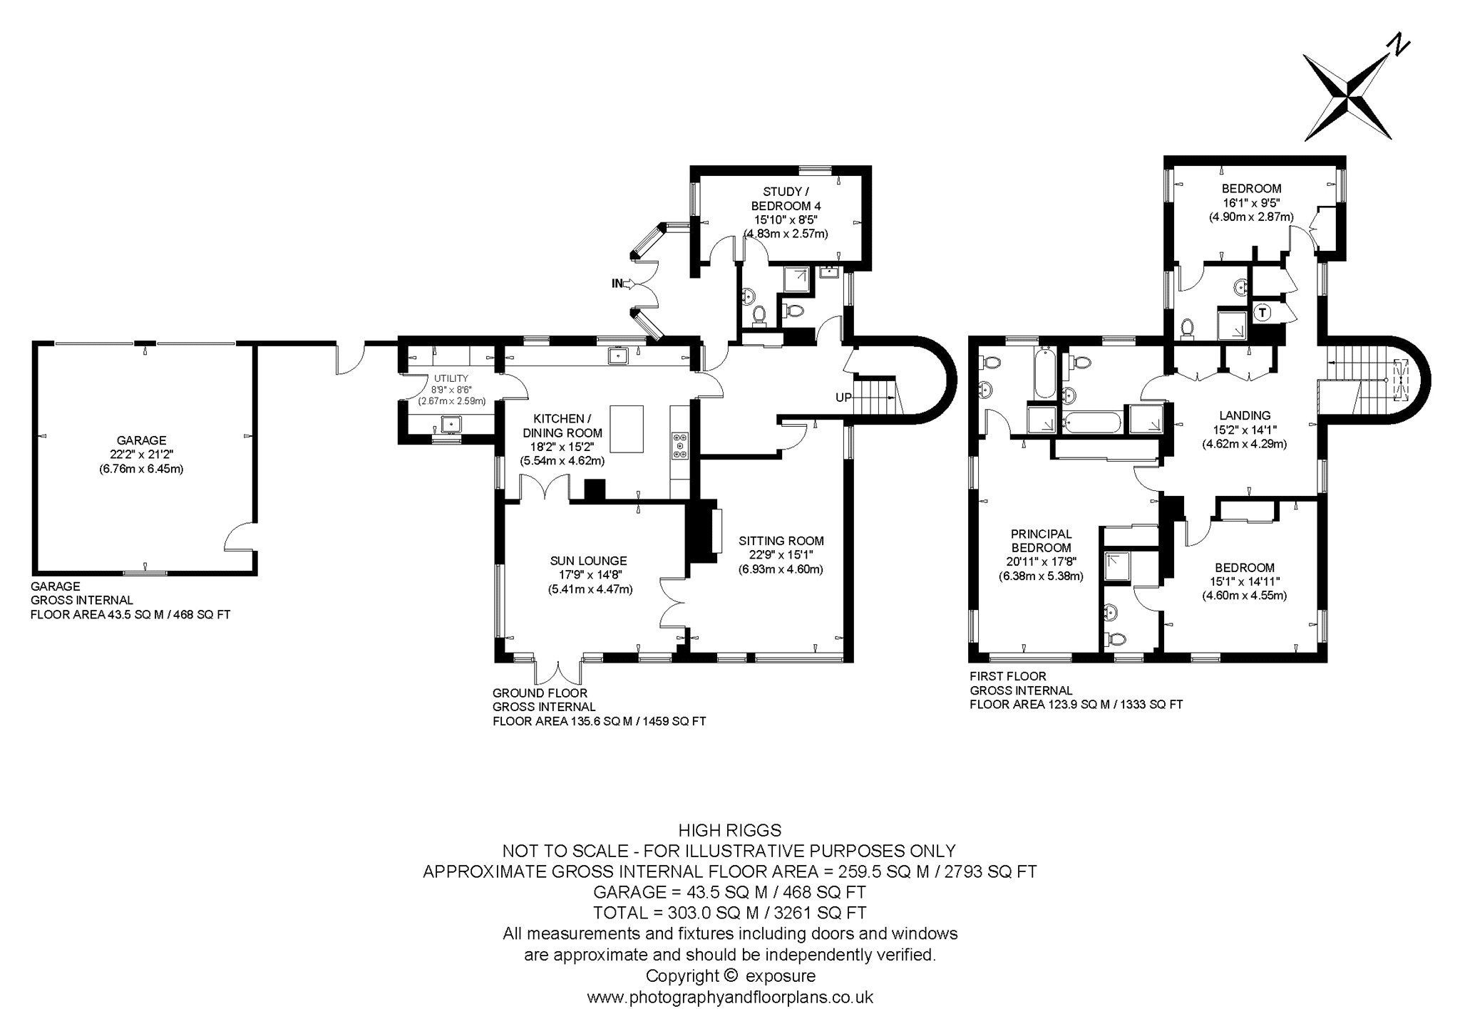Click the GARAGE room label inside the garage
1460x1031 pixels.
[x=142, y=440]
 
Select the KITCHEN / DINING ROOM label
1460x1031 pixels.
[x=562, y=425]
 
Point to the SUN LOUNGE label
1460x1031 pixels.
[x=589, y=561]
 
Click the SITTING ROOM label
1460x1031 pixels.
[x=781, y=541]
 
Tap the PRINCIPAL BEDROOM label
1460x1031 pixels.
[x=1041, y=541]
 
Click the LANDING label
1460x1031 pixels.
[x=1245, y=415]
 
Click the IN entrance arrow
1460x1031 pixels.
[x=623, y=284]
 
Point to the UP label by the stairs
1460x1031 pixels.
[x=843, y=398]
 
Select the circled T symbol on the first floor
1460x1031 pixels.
[x=1262, y=312]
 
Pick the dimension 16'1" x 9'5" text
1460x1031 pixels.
[x=1251, y=203]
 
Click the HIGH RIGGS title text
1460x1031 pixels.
[x=730, y=830]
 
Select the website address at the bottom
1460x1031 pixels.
[x=730, y=998]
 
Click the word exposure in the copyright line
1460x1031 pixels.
[x=780, y=976]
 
